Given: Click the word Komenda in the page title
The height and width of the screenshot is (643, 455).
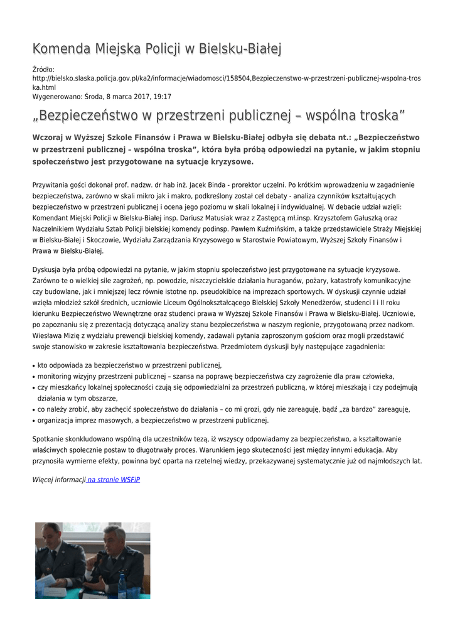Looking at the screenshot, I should pyautogui.click(x=61, y=48).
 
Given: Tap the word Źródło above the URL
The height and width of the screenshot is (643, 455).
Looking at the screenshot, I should pyautogui.click(x=43, y=69).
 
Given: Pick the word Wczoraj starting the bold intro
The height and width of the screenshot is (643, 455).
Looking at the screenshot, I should pyautogui.click(x=50, y=138).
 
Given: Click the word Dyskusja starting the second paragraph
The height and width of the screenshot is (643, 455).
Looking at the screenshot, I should pyautogui.click(x=48, y=269).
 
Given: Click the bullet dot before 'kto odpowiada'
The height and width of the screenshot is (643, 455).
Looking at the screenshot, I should pyautogui.click(x=33, y=365).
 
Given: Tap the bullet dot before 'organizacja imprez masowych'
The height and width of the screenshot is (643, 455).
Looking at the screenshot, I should pyautogui.click(x=33, y=421).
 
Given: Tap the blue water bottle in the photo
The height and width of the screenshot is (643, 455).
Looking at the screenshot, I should pyautogui.click(x=122, y=587).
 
